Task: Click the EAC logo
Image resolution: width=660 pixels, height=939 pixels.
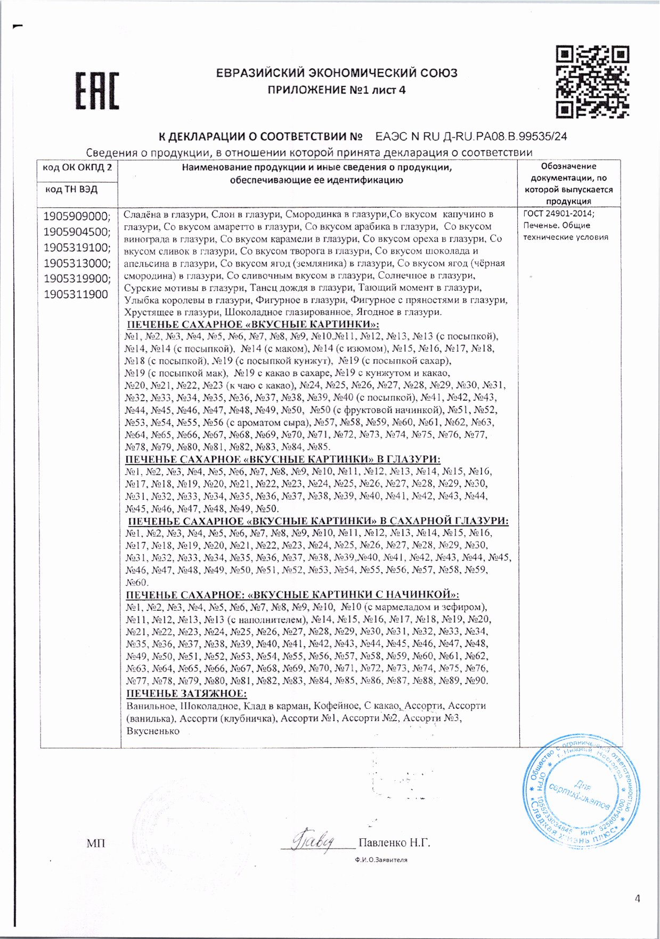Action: coord(96,91)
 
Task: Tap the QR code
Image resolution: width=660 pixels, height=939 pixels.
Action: coord(592,82)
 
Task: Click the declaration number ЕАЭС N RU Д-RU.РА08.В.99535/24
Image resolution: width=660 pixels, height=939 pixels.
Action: coord(471,136)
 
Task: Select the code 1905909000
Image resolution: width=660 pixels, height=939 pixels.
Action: coord(77,216)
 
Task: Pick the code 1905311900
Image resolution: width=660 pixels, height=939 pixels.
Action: coord(76,294)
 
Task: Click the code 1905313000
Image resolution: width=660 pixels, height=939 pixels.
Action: coord(77,263)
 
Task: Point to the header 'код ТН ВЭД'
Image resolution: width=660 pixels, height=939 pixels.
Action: coord(71,189)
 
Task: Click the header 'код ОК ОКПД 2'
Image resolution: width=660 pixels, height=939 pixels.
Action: coord(77,167)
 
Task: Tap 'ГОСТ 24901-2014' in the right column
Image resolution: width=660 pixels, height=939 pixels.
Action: coord(558,214)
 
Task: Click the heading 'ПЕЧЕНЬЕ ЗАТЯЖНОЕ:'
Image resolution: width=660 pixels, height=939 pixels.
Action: coord(186,693)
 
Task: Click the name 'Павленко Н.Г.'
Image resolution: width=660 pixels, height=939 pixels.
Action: coord(394,843)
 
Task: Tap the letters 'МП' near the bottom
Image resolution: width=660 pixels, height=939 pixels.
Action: coord(96,843)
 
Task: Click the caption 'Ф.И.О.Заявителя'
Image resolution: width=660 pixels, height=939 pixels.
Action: coord(381,860)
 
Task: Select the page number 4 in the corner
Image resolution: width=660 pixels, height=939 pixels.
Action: coord(638,898)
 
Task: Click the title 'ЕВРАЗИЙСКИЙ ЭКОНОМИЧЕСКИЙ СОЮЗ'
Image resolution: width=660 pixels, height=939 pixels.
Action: coord(336,73)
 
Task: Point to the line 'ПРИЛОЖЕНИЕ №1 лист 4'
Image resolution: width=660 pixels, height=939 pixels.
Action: coord(336,90)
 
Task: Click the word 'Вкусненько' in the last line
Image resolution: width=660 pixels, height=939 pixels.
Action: coord(153,731)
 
